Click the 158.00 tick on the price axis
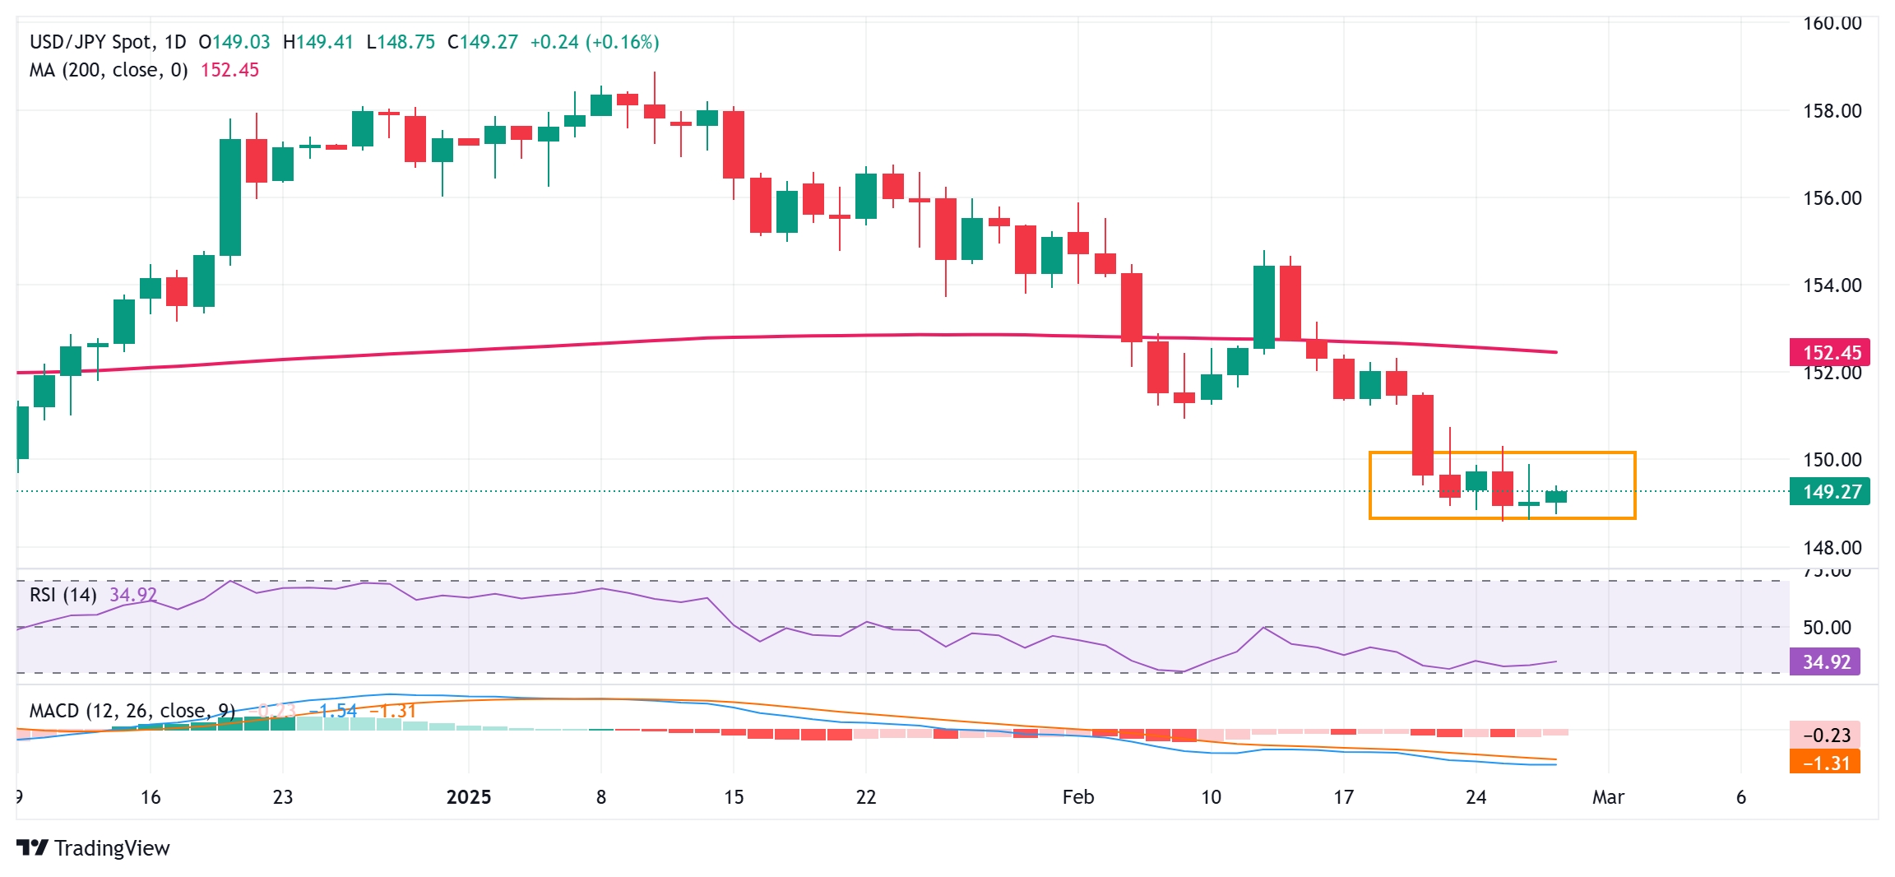point(1832,110)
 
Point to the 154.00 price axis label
point(1832,285)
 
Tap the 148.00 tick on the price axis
point(1832,547)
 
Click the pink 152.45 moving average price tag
point(1830,352)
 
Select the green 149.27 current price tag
point(1830,492)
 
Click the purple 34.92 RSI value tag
point(1825,661)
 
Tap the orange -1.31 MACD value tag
point(1825,763)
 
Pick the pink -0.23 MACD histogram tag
point(1825,735)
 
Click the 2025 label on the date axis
point(468,797)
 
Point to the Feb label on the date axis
point(1077,797)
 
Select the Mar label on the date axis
point(1608,797)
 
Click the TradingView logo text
point(111,848)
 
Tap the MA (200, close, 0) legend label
point(109,70)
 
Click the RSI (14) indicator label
point(63,594)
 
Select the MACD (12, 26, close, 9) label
point(132,711)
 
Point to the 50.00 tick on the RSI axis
point(1827,628)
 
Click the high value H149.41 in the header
point(317,42)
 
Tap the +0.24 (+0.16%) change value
point(594,42)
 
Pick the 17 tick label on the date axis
point(1343,797)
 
